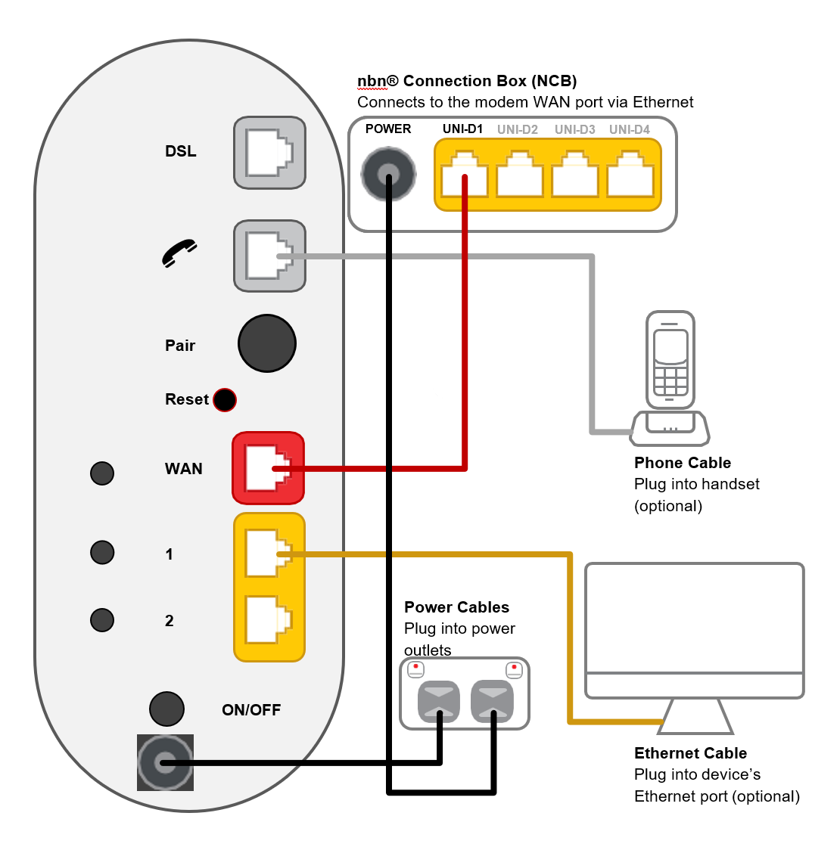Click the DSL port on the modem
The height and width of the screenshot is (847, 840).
[x=269, y=153]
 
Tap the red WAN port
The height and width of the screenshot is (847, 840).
[x=268, y=468]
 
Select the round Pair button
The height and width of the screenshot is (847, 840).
[x=267, y=343]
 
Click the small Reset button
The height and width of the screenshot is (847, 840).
[x=225, y=399]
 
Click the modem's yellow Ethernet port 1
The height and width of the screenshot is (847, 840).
[x=269, y=553]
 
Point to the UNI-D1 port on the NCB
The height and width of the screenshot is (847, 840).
[x=464, y=175]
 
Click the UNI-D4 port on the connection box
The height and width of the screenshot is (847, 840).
[x=630, y=175]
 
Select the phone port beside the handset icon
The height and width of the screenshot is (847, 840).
[x=269, y=256]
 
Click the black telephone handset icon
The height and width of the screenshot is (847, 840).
[x=179, y=253]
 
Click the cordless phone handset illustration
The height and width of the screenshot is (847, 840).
[x=670, y=361]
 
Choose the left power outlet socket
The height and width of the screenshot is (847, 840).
[x=439, y=701]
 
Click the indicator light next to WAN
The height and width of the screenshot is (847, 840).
[x=102, y=473]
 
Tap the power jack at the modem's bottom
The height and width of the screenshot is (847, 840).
[x=165, y=762]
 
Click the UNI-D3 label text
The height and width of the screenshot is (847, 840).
[x=574, y=129]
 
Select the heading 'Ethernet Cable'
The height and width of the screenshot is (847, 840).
[x=690, y=753]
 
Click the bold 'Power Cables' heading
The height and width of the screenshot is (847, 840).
[x=456, y=607]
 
